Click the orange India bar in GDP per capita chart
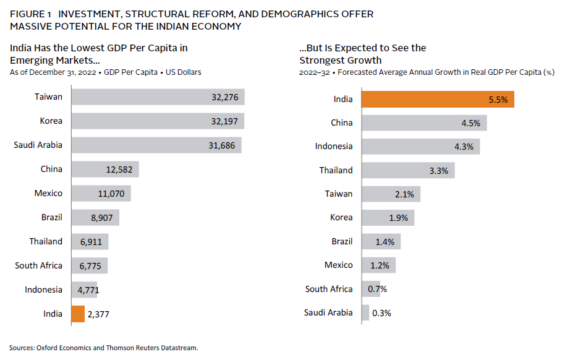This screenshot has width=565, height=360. (x=77, y=314)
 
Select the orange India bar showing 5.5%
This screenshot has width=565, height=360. (x=437, y=99)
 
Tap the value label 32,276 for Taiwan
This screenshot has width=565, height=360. (x=224, y=97)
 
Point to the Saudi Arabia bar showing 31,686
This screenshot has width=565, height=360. (x=156, y=145)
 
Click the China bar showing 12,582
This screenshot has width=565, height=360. (x=105, y=169)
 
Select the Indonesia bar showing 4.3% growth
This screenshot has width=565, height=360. (x=420, y=146)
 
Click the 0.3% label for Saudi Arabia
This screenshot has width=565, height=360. (x=381, y=312)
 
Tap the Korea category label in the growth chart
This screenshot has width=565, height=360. (x=341, y=217)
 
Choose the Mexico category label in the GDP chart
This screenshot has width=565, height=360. (x=48, y=193)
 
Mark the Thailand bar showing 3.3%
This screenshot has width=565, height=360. (x=408, y=170)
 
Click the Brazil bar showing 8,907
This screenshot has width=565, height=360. (x=95, y=217)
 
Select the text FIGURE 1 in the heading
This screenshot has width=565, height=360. (x=30, y=14)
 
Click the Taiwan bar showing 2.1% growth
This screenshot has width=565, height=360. (x=391, y=194)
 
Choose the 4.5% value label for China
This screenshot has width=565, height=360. (x=470, y=122)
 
